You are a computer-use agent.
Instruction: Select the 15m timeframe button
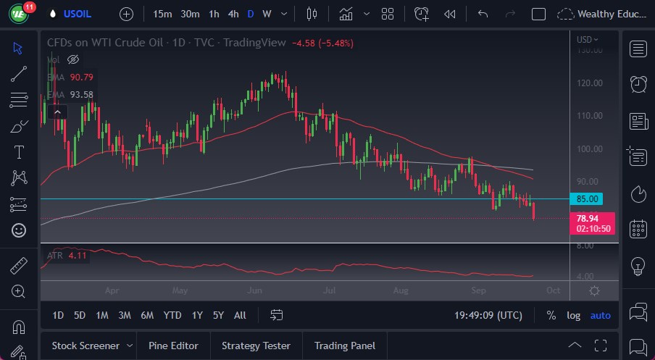[163, 14]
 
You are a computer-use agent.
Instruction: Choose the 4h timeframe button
[233, 14]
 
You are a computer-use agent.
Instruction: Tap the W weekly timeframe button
[267, 14]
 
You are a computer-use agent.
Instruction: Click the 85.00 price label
[587, 198]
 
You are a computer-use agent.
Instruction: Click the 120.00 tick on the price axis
[590, 83]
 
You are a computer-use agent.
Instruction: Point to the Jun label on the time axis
[254, 290]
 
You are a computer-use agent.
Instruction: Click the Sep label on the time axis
[478, 290]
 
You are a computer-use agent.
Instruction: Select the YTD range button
[172, 315]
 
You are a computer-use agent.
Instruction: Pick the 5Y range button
[218, 315]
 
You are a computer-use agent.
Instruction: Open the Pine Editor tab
[174, 346]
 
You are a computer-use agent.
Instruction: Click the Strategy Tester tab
[256, 346]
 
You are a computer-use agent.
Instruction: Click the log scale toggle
[573, 315]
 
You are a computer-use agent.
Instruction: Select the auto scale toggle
[601, 315]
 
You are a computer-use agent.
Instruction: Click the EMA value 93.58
[81, 94]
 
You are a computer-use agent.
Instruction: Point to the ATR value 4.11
[78, 255]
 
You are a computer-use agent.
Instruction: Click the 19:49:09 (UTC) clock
[488, 315]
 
